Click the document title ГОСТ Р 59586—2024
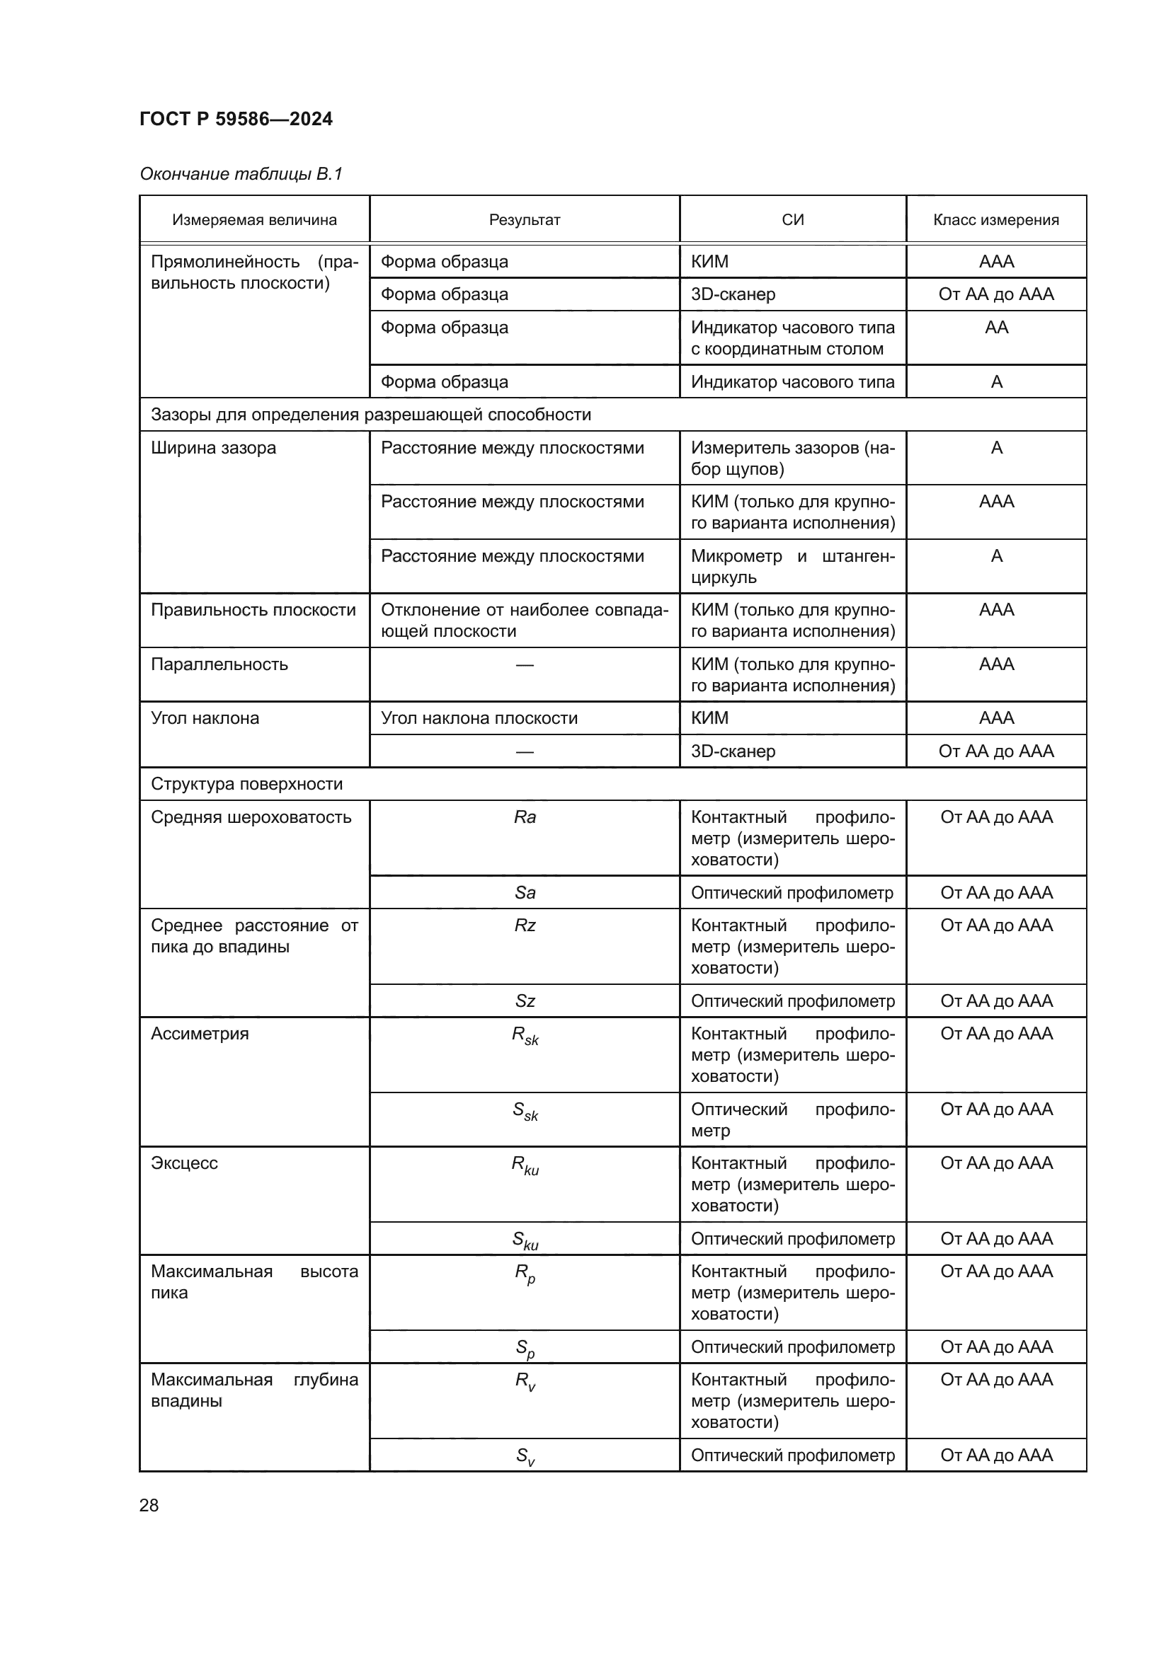coord(236,119)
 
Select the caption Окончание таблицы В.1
coord(241,174)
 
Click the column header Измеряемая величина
coord(254,220)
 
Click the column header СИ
coord(792,220)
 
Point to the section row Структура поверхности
coord(246,783)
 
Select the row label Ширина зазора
coord(213,448)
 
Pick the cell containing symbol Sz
coord(524,1001)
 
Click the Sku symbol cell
coord(524,1240)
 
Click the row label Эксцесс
coord(184,1163)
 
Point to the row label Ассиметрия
coord(200,1033)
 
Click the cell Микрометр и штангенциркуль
coord(792,566)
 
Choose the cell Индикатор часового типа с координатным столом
coord(792,338)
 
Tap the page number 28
coord(149,1505)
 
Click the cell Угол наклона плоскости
coord(479,718)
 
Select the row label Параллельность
coord(219,664)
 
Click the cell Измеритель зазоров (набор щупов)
coord(792,458)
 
